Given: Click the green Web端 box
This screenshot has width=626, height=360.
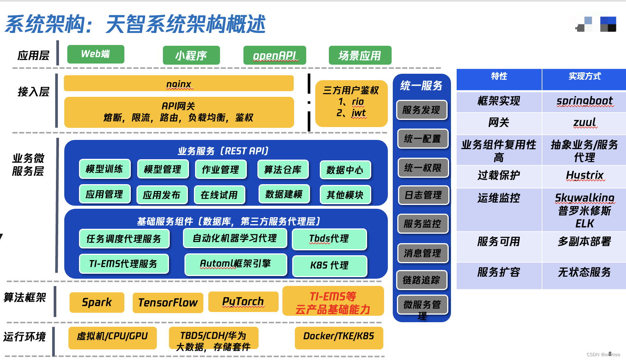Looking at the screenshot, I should pos(96,54).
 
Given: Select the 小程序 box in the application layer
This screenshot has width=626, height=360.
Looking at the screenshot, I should pos(191,56).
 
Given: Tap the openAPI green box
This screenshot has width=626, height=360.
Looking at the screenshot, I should pos(275,56).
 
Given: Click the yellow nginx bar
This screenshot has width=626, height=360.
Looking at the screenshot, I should pos(179,84).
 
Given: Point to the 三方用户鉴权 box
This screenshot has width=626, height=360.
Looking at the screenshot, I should pos(351,103).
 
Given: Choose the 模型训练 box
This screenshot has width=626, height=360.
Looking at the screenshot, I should pos(105,169).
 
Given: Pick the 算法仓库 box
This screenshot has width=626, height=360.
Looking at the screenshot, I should pos(283,169).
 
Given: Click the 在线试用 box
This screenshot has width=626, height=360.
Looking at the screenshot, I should pos(219,195).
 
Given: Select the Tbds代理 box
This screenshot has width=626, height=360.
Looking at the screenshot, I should pos(329,239).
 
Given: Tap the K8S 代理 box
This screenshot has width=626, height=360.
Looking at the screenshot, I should pos(330,265).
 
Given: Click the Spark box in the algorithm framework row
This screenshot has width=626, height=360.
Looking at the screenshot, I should pos(97,303).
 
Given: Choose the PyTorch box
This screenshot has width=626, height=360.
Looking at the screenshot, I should pos(243,302).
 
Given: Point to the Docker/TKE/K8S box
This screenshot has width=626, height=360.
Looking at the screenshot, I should pos(339,337).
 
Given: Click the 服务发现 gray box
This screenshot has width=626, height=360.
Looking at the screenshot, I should pos(421,110).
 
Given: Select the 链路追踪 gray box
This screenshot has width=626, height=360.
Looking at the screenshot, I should pos(421,280).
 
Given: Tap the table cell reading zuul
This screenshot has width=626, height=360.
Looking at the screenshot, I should pos(584,123).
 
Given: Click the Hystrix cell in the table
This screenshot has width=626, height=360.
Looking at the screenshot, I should pos(584,175).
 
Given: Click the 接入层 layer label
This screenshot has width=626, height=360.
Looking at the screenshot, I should pos(34,92).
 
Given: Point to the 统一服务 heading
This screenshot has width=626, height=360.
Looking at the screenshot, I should pos(421,86).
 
